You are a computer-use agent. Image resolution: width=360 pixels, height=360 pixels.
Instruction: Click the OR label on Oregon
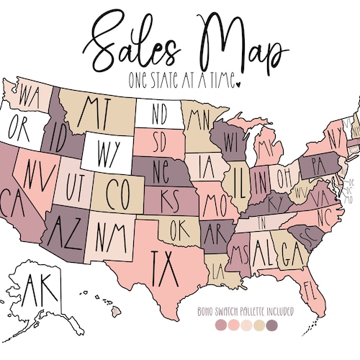pos(19,130)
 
